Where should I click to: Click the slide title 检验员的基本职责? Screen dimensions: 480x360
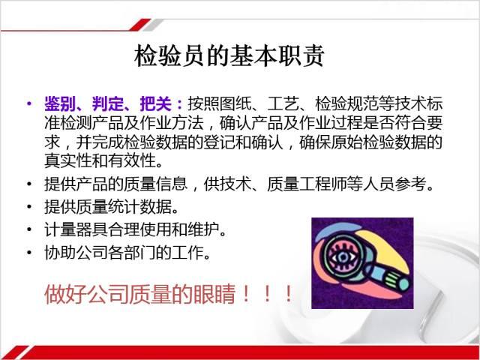coord(229,56)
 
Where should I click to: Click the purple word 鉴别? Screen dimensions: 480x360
coord(60,104)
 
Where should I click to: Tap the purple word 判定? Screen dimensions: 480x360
coord(108,104)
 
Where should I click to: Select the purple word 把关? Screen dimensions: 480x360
coord(155,104)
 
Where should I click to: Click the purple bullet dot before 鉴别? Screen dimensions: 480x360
coord(29,103)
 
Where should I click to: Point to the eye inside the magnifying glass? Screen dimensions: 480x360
coord(343,257)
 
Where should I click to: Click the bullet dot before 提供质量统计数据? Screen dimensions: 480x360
coord(29,207)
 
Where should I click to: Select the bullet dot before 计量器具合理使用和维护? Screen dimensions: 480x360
coord(29,229)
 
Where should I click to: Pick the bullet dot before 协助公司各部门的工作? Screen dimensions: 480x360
coord(29,252)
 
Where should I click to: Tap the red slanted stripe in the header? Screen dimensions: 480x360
coord(140,25)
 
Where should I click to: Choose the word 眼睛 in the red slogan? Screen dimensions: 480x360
coord(215,294)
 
